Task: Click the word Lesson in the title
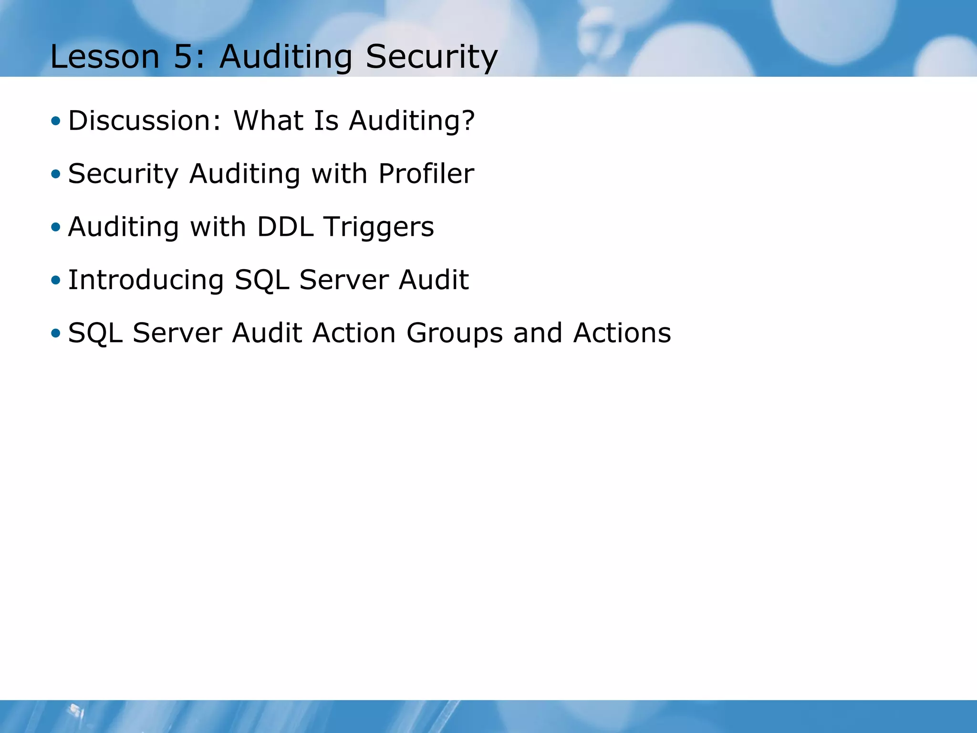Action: click(x=104, y=57)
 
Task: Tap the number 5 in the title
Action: click(x=183, y=57)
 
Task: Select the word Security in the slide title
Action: click(x=431, y=57)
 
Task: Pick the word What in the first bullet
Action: click(x=268, y=120)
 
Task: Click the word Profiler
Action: click(x=426, y=173)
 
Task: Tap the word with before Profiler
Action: click(x=339, y=173)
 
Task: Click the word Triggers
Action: click(x=379, y=227)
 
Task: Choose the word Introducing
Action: click(x=146, y=280)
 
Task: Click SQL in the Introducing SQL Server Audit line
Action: click(x=261, y=280)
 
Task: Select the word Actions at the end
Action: click(x=622, y=333)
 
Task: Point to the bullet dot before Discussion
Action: click(x=56, y=121)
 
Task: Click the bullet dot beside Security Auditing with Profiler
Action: click(x=56, y=174)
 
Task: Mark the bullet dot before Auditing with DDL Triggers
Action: click(x=56, y=227)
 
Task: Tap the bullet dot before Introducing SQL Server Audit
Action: click(x=56, y=280)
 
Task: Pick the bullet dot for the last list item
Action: click(x=56, y=333)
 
